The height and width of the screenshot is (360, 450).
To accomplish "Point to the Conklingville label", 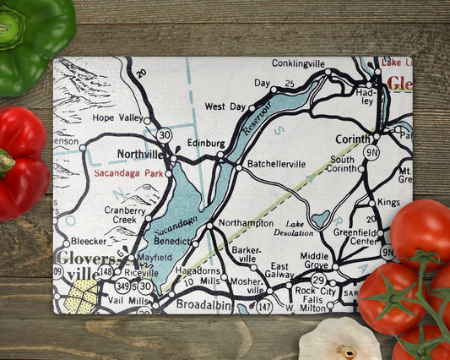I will (299, 63).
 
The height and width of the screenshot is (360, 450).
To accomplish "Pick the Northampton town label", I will (245, 223).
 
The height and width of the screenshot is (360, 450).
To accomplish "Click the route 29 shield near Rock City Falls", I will (318, 279).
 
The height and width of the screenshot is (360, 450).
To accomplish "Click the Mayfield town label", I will (155, 257).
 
